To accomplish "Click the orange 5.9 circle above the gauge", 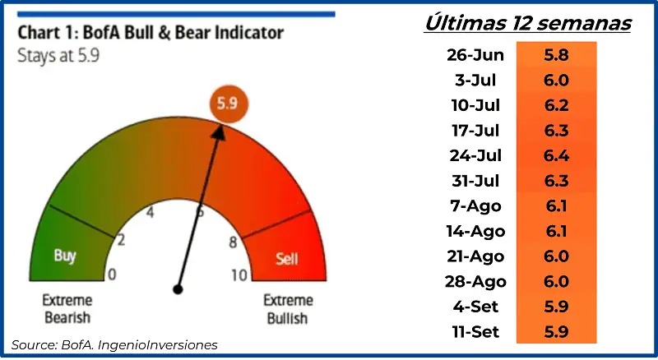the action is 229,104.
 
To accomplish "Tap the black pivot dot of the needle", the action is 178,289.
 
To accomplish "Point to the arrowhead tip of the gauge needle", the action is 220,125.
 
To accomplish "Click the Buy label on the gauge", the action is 65,256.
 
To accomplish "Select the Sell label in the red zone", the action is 287,258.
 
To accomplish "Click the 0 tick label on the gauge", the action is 112,275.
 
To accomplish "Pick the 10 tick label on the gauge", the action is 239,275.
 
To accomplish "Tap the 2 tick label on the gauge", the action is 121,240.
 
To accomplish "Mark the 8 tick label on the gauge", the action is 233,242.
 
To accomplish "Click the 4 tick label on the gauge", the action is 150,212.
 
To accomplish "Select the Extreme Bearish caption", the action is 67,309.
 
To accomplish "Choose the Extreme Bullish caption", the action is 288,309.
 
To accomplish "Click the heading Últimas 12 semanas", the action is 528,22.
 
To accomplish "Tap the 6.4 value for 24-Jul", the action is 557,155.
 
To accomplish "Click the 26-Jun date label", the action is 475,55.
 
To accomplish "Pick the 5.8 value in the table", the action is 557,55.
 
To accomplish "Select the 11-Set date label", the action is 475,332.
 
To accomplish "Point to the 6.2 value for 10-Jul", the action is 557,105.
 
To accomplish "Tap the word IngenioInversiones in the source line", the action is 157,345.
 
